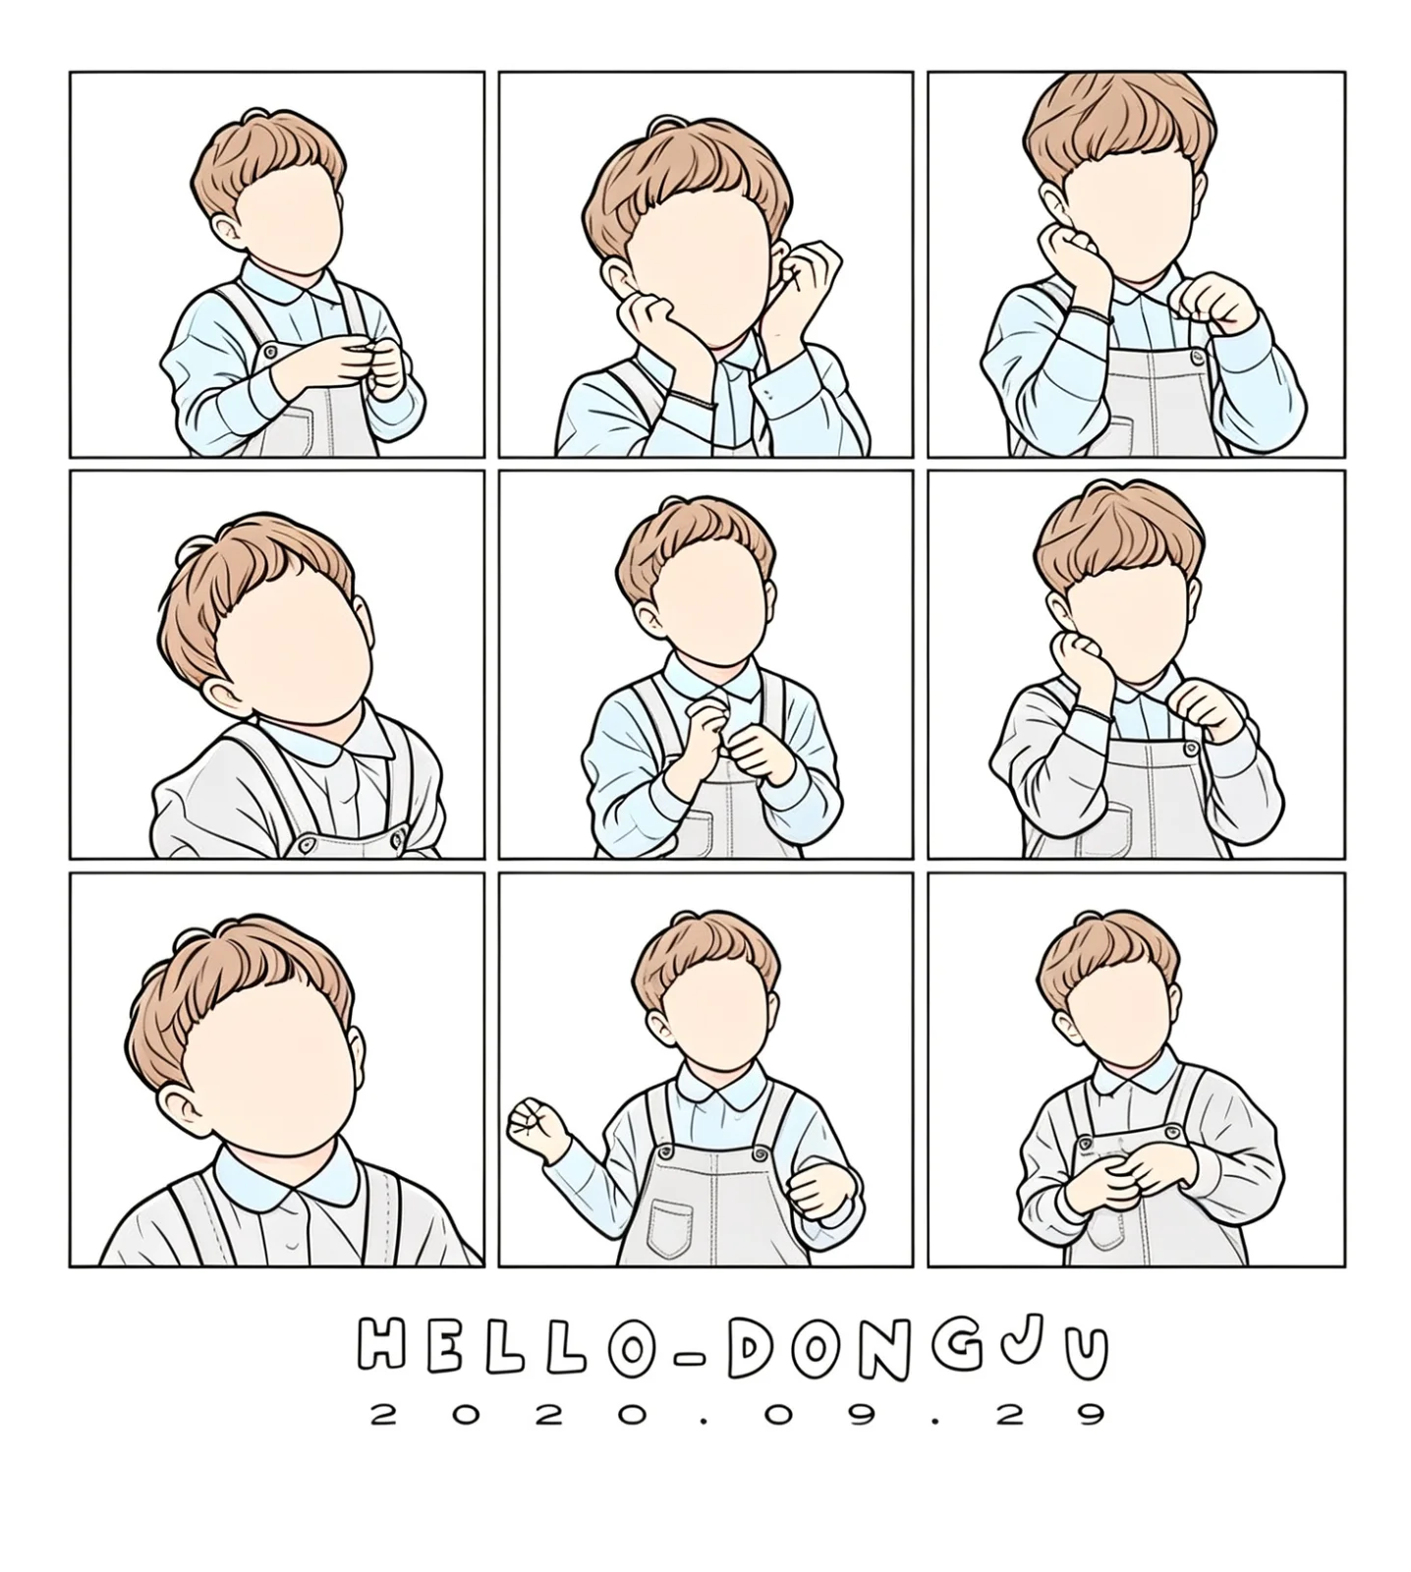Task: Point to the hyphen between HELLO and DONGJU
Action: coord(692,1355)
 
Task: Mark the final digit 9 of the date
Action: coord(1089,1414)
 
